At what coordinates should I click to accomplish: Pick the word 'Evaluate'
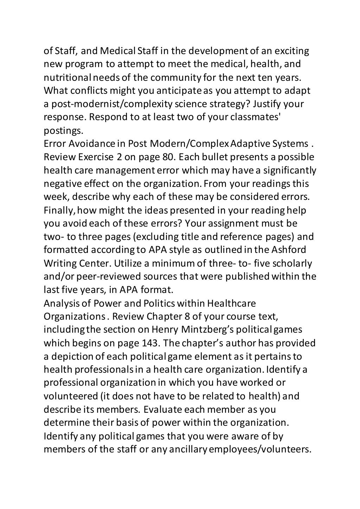tap(163, 409)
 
